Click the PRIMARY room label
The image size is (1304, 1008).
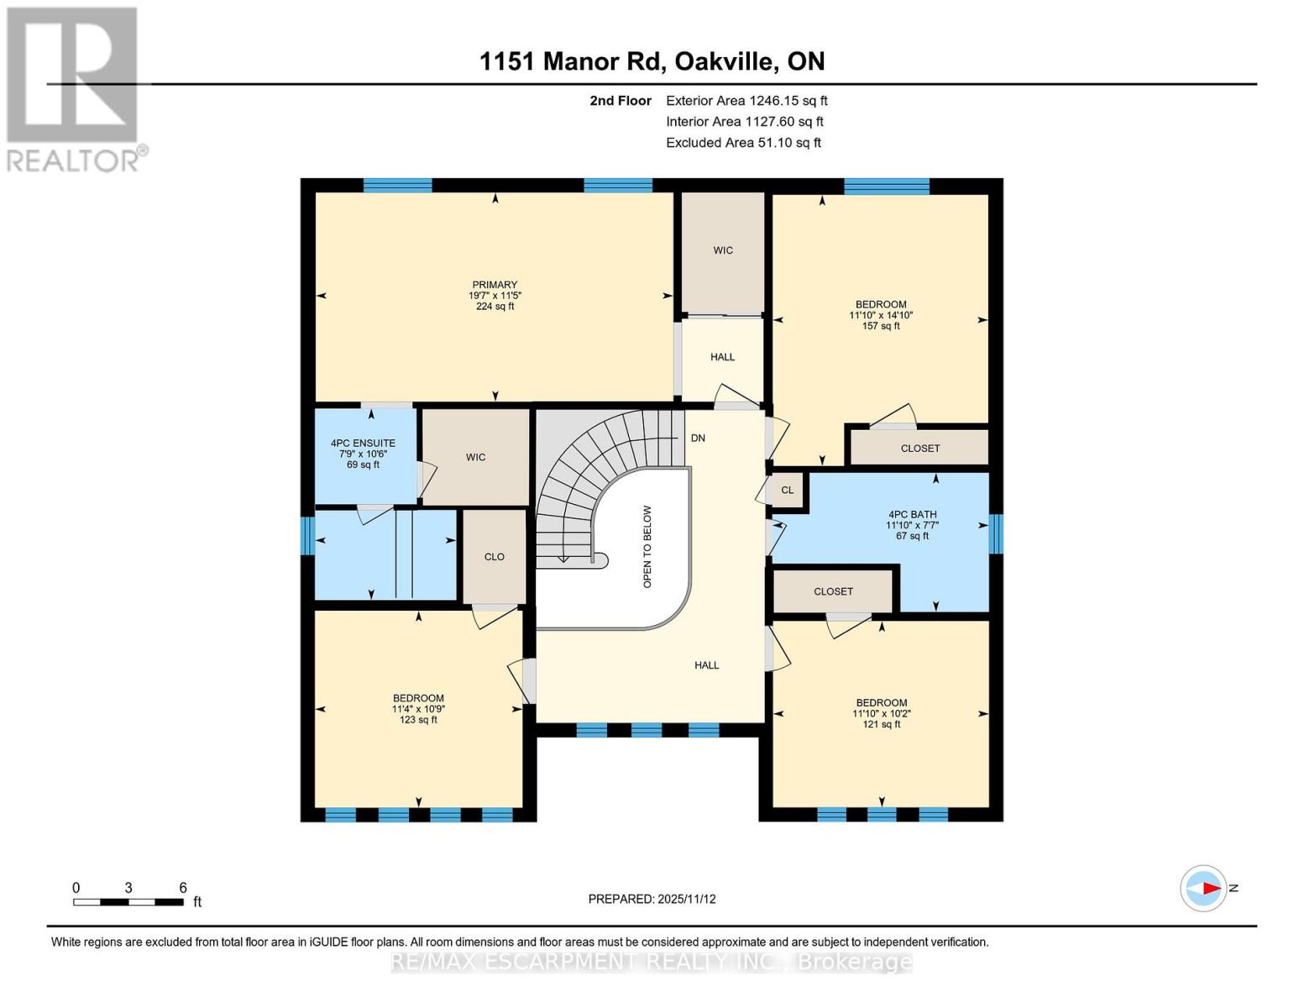click(x=495, y=285)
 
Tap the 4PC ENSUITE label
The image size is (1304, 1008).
click(x=363, y=443)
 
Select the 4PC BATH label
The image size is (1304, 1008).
click(x=912, y=514)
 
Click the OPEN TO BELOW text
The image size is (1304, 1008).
click(x=647, y=547)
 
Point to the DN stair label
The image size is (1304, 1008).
click(x=698, y=438)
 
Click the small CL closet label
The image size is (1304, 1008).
click(x=787, y=490)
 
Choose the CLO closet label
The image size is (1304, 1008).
click(x=494, y=556)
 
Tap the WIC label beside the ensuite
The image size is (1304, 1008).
click(x=475, y=457)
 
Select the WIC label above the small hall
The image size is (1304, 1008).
click(x=723, y=250)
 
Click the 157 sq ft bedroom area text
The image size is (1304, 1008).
click(x=881, y=326)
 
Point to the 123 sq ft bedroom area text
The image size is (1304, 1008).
click(x=418, y=720)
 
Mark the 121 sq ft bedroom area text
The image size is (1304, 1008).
click(x=882, y=724)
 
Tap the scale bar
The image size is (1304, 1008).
click(x=128, y=902)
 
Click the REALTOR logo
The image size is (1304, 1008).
click(x=74, y=88)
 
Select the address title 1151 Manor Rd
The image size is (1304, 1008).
click(x=652, y=61)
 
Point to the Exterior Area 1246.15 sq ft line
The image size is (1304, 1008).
click(x=746, y=100)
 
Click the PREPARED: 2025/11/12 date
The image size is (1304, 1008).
click(x=652, y=899)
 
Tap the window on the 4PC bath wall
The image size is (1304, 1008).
click(x=996, y=533)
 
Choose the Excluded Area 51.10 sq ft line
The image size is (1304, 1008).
click(x=743, y=143)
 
